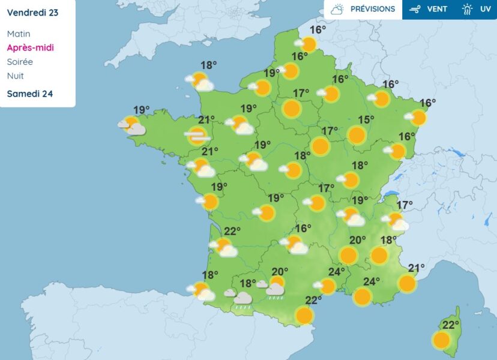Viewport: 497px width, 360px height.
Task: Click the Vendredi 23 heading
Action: point(34,12)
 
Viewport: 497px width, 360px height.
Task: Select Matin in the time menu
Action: point(19,34)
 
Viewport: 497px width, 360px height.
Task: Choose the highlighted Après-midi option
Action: point(31,48)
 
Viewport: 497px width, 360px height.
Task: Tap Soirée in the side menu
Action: point(20,62)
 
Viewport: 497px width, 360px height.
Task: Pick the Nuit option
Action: point(15,76)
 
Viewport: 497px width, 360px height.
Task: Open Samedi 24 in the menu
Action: point(30,94)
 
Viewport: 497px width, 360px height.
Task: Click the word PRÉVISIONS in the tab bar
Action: point(373,9)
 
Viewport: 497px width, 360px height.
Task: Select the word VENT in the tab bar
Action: point(436,9)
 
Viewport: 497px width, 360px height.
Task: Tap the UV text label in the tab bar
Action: point(485,9)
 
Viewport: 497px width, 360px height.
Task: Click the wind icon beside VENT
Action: point(414,9)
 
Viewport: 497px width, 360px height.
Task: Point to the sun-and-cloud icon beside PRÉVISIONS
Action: point(337,9)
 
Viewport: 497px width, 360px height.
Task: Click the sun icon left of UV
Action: point(468,9)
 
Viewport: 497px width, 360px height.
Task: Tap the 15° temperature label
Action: point(366,119)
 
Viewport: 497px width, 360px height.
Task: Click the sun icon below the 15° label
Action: point(357,135)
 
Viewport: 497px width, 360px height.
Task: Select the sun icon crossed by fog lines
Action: point(197,136)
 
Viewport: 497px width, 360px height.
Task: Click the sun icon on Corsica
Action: point(441,341)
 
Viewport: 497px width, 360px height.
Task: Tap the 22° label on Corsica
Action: point(450,325)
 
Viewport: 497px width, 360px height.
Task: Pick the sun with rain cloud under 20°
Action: point(276,287)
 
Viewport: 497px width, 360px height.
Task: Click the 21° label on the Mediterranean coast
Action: point(416,268)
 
